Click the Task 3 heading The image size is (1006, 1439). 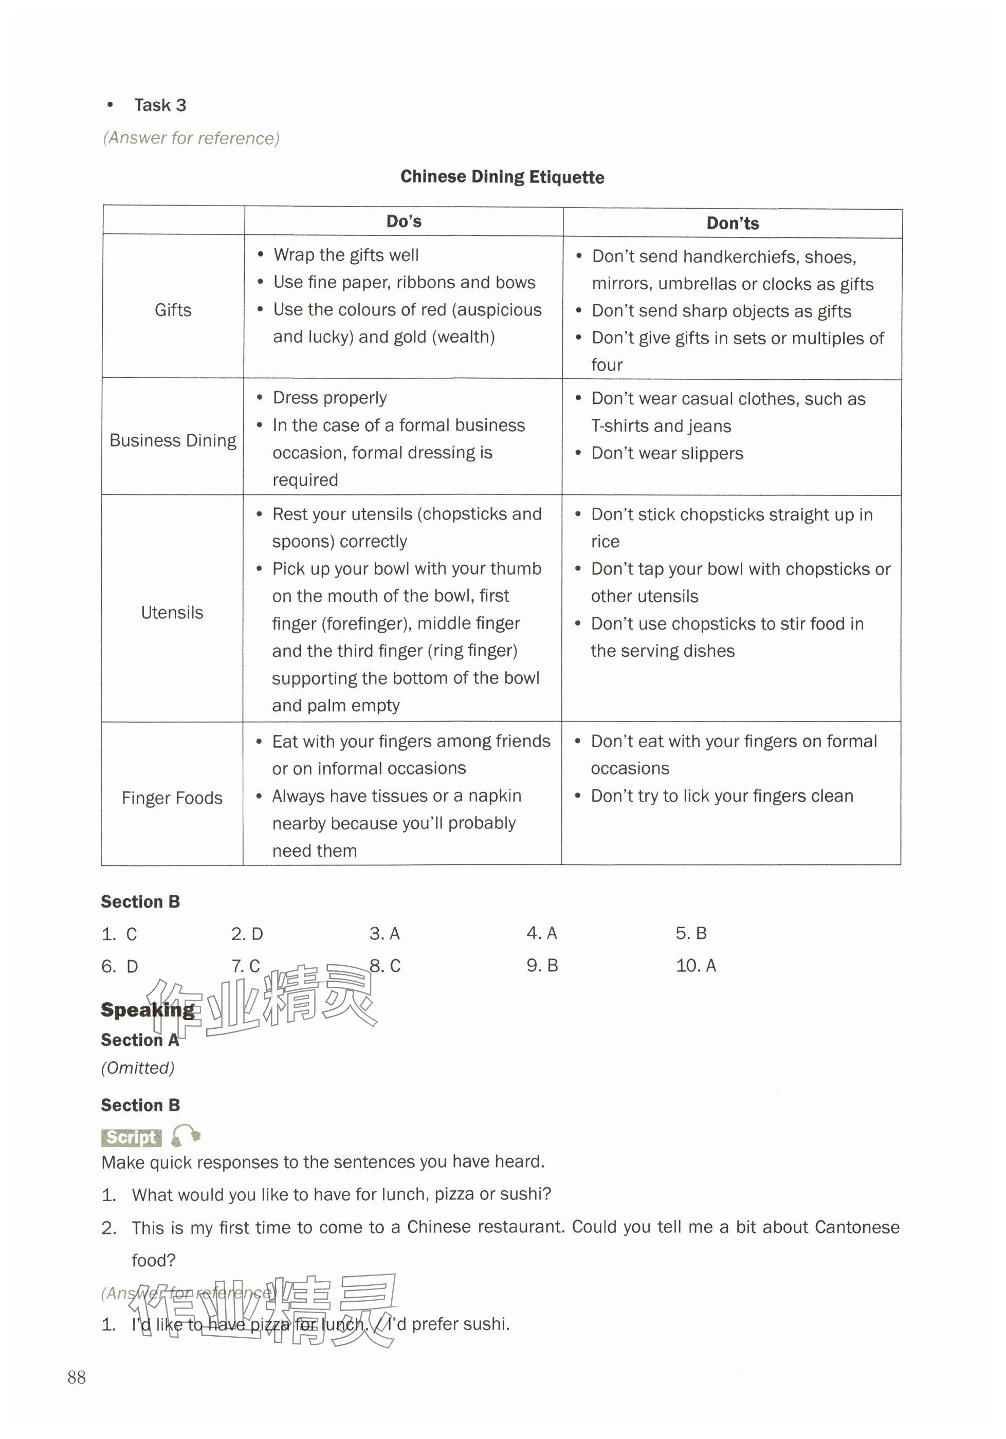pos(160,105)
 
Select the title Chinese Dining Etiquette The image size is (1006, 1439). pos(502,177)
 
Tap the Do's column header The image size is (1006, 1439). pos(404,221)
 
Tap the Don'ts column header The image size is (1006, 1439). pos(732,224)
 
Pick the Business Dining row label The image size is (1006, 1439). pos(173,440)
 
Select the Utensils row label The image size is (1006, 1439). pos(172,612)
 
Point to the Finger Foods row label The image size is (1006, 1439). pos(172,798)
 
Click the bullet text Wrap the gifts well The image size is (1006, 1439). pos(346,255)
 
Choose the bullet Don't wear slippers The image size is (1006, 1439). pos(667,453)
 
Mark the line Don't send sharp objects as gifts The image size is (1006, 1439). pos(721,311)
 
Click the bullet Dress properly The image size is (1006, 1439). pos(330,398)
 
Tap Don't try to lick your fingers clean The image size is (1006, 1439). pos(722,796)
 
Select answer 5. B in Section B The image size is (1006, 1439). pos(691,933)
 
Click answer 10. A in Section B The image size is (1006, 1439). pos(696,966)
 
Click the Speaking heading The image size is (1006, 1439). pos(148,1009)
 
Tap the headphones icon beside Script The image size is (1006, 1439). pos(186,1135)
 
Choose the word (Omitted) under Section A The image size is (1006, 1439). pos(138,1068)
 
